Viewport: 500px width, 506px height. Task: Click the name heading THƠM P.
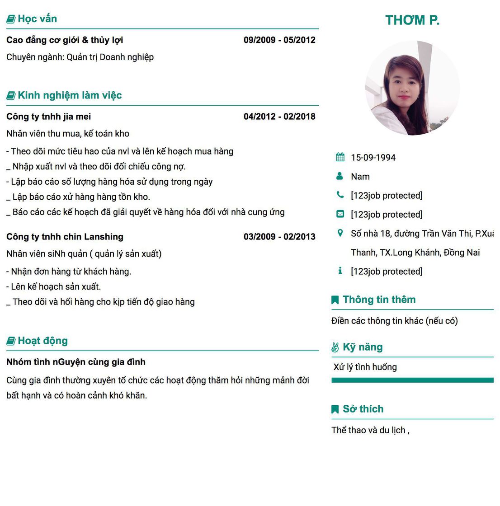412,20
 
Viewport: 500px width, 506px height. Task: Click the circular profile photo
412,88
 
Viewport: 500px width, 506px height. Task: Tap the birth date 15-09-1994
373,158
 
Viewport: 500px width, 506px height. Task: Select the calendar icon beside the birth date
340,157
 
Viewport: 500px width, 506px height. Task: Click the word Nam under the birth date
360,177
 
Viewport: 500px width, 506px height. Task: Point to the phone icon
340,195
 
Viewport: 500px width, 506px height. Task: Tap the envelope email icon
340,214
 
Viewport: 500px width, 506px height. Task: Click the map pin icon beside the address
340,233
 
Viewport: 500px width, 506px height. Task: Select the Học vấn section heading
37,19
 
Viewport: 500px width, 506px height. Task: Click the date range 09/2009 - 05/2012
279,40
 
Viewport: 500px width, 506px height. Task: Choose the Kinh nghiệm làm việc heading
70,95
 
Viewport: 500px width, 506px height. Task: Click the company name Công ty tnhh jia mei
49,117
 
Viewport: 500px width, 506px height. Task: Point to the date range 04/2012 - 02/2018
279,117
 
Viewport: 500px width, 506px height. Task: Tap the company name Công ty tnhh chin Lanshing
65,237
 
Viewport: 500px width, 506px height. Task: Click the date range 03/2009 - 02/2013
279,237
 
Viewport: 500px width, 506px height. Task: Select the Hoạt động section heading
42,341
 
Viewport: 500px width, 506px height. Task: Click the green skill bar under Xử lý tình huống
412,380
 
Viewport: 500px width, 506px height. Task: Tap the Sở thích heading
363,409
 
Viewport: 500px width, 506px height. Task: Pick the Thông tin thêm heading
379,300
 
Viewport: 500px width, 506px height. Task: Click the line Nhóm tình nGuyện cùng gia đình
76,362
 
